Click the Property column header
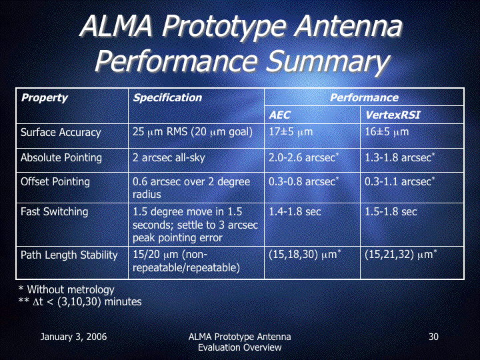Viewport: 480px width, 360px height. pos(45,98)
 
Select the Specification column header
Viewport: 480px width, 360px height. pos(167,98)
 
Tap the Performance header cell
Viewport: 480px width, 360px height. pos(364,97)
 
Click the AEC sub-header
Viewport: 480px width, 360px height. pos(279,115)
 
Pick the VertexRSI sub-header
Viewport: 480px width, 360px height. pos(393,115)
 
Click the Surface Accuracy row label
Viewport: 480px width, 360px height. pos(61,133)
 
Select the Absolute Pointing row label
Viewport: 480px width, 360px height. pos(61,158)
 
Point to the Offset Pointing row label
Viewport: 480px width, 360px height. pos(55,182)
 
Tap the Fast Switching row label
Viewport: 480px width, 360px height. pos(54,212)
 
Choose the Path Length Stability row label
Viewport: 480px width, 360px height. pos(69,255)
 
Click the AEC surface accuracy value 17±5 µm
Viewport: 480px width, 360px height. pos(291,132)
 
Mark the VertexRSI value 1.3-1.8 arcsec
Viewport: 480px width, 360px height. pos(400,157)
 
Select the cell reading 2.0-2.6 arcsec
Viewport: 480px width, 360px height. pos(304,157)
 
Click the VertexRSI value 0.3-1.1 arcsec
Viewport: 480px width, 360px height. pos(400,181)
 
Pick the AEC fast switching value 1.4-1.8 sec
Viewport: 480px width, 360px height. pos(295,212)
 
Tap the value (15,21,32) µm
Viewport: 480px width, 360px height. pos(401,255)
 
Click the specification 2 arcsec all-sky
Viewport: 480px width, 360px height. pos(169,158)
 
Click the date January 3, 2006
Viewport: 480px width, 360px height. pos(73,337)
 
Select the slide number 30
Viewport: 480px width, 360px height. pos(433,337)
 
